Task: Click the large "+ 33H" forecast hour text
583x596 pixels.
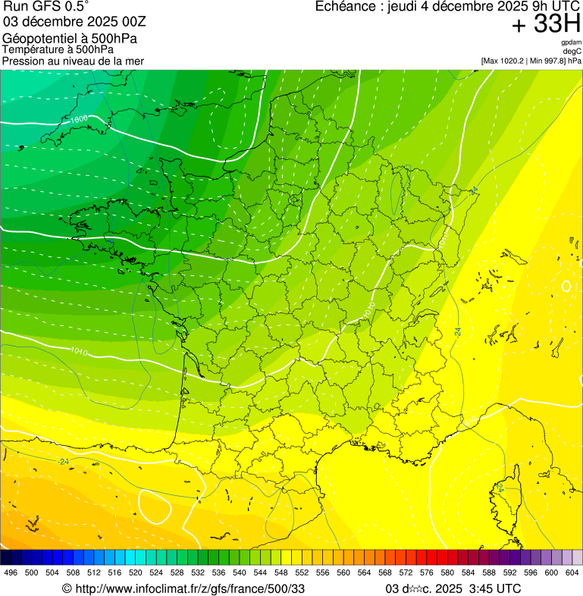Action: point(546,25)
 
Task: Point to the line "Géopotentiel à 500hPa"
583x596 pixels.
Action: point(70,39)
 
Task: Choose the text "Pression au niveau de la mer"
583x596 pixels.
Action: point(73,61)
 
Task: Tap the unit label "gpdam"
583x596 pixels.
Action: point(571,42)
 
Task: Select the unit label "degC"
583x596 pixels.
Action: point(572,52)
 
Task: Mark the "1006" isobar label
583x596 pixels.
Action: point(79,119)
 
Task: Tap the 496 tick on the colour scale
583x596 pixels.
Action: point(11,572)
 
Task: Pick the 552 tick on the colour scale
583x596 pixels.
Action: point(301,572)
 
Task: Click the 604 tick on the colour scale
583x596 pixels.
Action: point(572,572)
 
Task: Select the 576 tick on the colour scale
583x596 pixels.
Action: point(426,572)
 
